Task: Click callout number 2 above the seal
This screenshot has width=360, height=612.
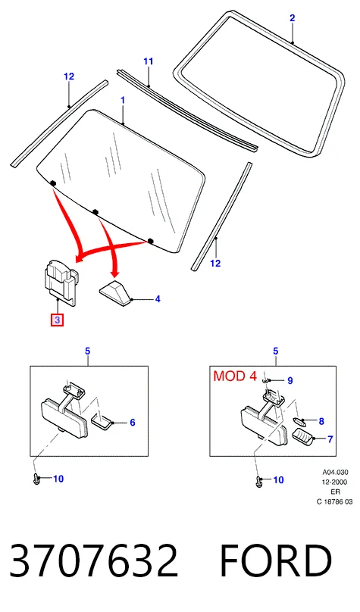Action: pyautogui.click(x=293, y=18)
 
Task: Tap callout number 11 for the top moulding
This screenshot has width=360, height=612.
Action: pyautogui.click(x=149, y=61)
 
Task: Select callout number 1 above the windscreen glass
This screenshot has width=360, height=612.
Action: pyautogui.click(x=123, y=100)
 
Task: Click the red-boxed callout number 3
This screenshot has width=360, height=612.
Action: pyautogui.click(x=57, y=320)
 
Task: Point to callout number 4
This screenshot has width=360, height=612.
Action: pyautogui.click(x=158, y=299)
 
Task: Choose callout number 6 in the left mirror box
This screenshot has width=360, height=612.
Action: pyautogui.click(x=133, y=423)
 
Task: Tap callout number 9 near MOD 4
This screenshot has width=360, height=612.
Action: pyautogui.click(x=290, y=380)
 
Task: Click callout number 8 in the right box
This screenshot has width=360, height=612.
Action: pyautogui.click(x=321, y=421)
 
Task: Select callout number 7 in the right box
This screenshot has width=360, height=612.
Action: pyautogui.click(x=330, y=439)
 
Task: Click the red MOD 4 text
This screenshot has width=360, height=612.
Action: pyautogui.click(x=235, y=376)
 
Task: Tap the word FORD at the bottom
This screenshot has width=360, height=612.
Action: pyautogui.click(x=276, y=560)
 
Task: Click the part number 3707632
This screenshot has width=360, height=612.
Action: pyautogui.click(x=94, y=560)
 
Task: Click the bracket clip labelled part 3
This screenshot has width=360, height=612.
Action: pyautogui.click(x=61, y=282)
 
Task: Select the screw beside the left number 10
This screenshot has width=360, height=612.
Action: pyautogui.click(x=36, y=478)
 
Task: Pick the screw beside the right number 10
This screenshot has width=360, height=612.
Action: pyautogui.click(x=259, y=481)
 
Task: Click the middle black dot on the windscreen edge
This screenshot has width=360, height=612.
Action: pyautogui.click(x=95, y=212)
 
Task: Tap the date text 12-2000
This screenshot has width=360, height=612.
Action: pyautogui.click(x=335, y=482)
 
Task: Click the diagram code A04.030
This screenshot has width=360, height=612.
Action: pyautogui.click(x=335, y=473)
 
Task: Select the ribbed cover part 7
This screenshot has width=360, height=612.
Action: pyautogui.click(x=303, y=437)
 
